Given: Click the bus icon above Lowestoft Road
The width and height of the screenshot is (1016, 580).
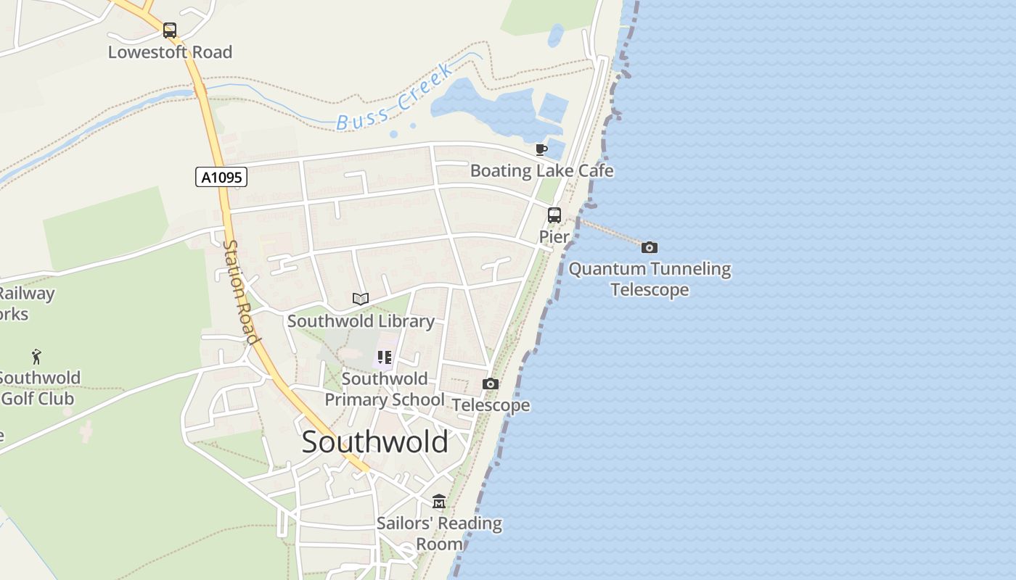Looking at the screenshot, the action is tap(169, 30).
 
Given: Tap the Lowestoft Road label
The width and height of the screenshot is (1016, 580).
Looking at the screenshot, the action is tap(170, 52).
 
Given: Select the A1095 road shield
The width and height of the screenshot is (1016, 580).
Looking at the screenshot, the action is tap(221, 177).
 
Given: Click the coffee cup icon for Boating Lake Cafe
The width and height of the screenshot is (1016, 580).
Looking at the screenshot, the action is tap(541, 149).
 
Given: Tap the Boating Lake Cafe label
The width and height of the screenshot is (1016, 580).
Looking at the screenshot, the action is tap(541, 171).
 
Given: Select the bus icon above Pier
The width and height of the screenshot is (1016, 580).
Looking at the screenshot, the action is tap(554, 215).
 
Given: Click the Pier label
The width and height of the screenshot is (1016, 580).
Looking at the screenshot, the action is tap(554, 236).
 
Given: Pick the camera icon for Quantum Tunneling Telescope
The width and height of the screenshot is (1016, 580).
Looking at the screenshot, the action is tap(650, 247).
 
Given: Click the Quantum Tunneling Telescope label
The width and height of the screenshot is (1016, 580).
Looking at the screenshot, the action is tap(650, 279).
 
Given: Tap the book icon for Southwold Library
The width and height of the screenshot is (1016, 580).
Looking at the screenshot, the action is tap(361, 299).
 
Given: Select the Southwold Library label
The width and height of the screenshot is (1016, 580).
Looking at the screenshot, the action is tap(361, 321).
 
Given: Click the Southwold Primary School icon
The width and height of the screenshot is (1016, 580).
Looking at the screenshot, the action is tap(384, 357).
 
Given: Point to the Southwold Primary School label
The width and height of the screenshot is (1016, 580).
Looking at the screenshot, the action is tap(384, 389).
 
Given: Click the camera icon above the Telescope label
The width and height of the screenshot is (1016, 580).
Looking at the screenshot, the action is tap(491, 384).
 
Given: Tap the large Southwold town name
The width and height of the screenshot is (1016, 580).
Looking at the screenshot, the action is tap(374, 442).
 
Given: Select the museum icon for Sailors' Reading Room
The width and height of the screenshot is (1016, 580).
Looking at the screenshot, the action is tap(438, 502).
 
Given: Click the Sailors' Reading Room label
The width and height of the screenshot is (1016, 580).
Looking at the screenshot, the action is tap(439, 534).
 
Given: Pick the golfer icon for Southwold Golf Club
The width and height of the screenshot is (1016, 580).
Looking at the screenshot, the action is tap(36, 356).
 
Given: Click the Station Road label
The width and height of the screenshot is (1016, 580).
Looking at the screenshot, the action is tap(240, 291).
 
